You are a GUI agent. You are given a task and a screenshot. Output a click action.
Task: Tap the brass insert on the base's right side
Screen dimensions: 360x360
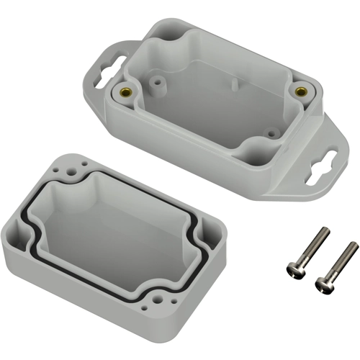(x=300, y=91)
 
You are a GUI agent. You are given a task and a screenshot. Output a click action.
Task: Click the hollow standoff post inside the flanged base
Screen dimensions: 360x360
(x=158, y=84)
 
